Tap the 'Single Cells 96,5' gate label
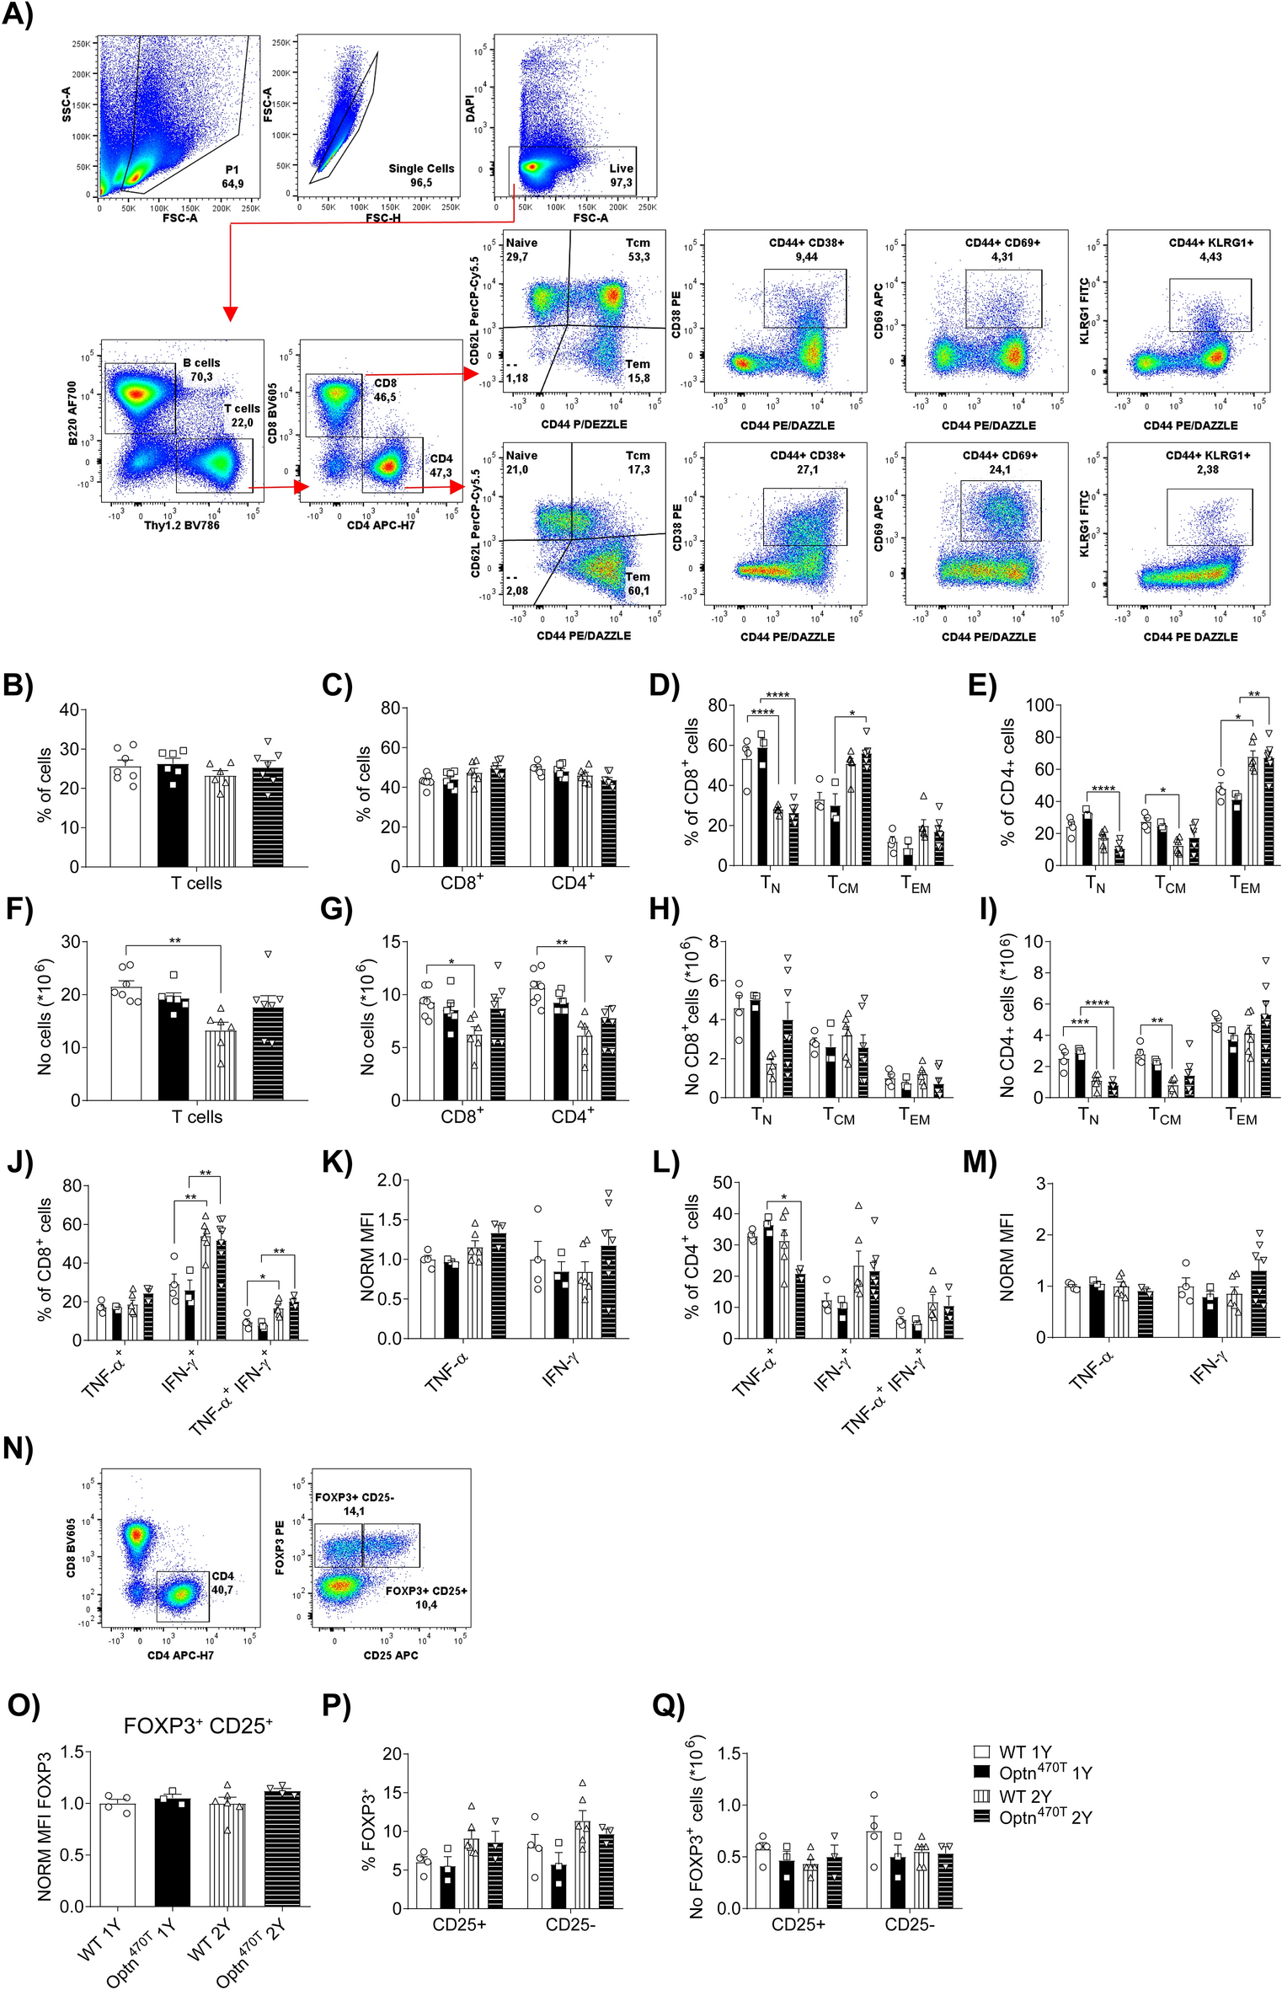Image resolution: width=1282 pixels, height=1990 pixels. [421, 174]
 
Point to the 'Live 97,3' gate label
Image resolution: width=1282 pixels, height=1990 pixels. [621, 175]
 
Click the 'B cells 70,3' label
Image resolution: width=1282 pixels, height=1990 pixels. [201, 370]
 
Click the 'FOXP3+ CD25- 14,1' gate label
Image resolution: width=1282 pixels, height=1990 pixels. [354, 1504]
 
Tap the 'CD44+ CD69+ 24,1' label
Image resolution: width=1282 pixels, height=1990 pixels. [1001, 462]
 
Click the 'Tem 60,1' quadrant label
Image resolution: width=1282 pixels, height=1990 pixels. [638, 583]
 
